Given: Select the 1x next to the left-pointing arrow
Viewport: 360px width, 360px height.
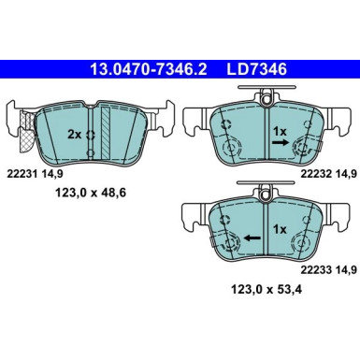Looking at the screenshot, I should (x=278, y=229).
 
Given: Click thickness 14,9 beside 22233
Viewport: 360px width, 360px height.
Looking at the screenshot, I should (x=337, y=269).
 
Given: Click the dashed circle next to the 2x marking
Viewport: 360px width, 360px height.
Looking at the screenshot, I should (x=91, y=134).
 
